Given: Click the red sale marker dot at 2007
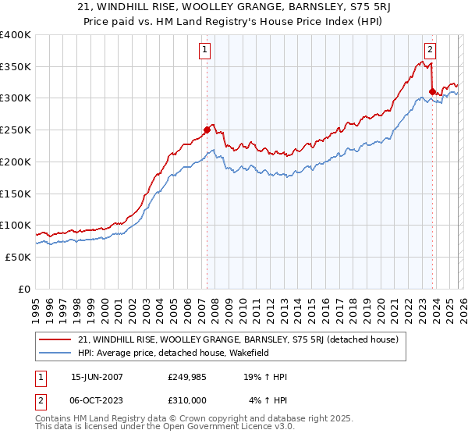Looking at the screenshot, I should (207, 130).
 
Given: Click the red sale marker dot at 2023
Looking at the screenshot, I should (432, 91).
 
